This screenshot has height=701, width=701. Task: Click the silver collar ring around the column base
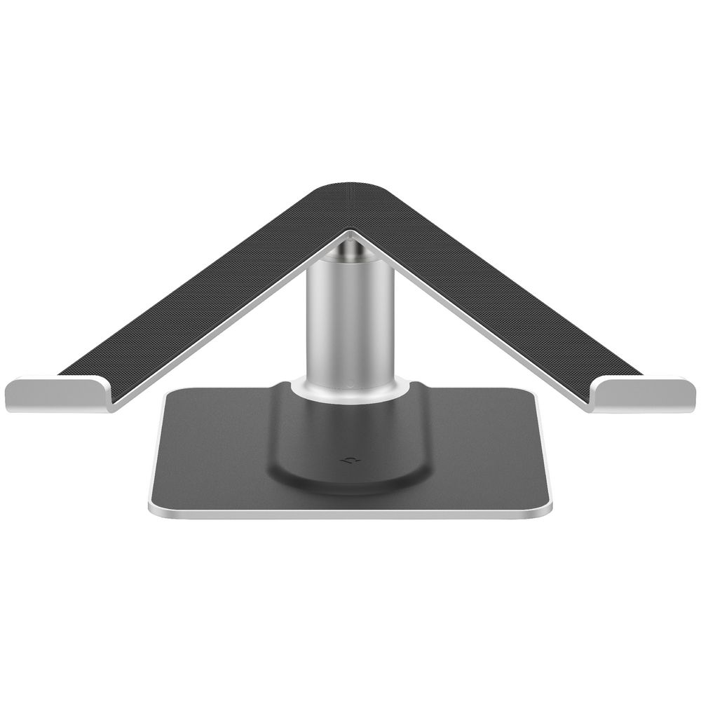[x=348, y=390]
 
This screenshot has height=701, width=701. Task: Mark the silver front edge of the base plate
[x=348, y=515]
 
